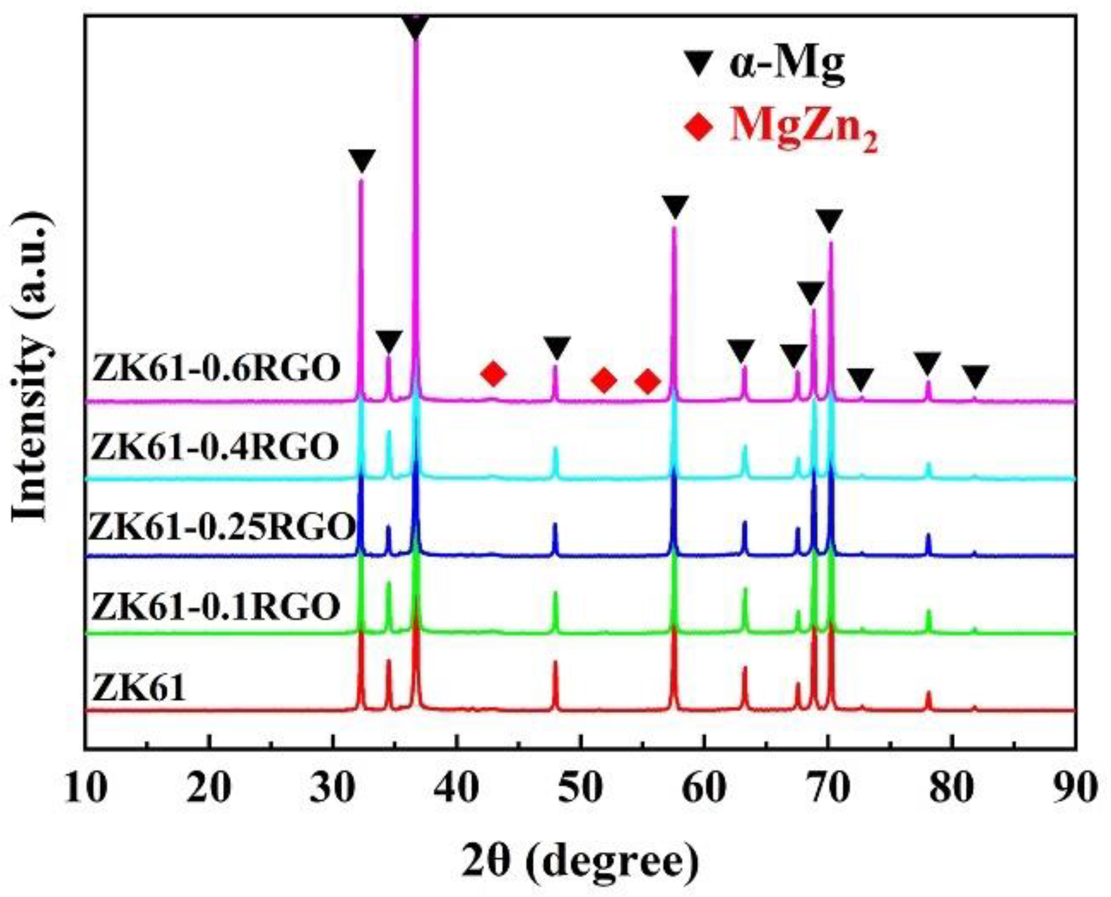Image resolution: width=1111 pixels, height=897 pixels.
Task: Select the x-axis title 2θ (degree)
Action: [x=580, y=863]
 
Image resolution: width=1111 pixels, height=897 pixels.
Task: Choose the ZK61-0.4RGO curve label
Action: [x=215, y=447]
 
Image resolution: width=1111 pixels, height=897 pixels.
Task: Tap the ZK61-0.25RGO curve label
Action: [x=222, y=526]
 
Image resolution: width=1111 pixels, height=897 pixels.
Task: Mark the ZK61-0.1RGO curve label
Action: [x=215, y=606]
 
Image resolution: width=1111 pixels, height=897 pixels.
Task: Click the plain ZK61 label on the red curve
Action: [x=139, y=687]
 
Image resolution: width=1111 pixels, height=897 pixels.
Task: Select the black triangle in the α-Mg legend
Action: [x=698, y=64]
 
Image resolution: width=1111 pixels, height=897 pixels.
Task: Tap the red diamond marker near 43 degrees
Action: [x=493, y=374]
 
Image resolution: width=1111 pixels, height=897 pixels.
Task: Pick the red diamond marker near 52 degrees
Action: [x=604, y=380]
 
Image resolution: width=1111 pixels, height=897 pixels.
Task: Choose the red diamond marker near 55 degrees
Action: [x=648, y=381]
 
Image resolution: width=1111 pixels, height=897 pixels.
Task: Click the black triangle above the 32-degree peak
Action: [x=362, y=160]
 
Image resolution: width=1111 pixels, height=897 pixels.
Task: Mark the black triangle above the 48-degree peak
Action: [x=557, y=347]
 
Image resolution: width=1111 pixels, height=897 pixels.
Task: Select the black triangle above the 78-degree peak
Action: [x=927, y=363]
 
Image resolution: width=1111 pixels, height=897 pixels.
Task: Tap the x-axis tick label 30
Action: [x=333, y=787]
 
